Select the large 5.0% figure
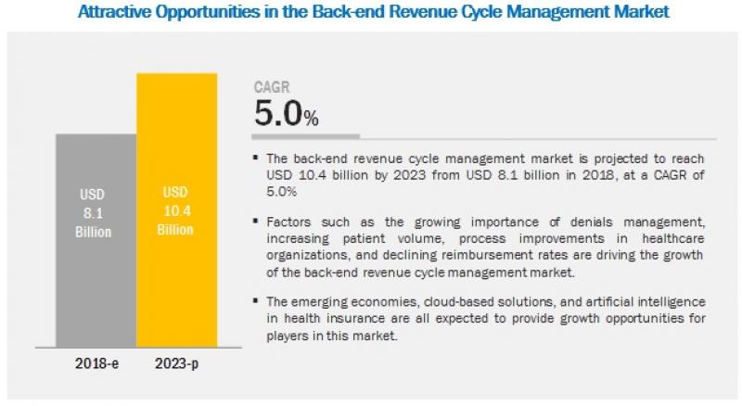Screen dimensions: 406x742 click(287, 115)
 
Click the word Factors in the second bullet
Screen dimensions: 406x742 click(289, 222)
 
